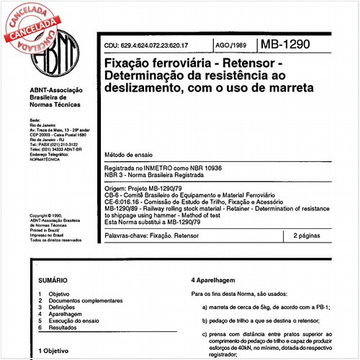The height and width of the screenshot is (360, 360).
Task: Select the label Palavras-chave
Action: pos(127,235)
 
